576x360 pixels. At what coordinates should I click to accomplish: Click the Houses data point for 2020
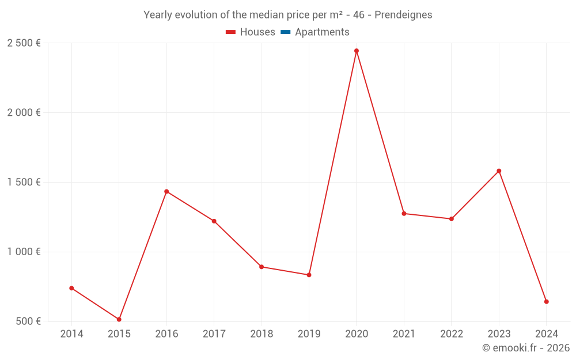click(x=357, y=51)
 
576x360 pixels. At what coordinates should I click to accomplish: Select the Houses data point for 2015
click(x=119, y=319)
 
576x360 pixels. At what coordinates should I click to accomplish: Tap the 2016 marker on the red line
click(x=166, y=191)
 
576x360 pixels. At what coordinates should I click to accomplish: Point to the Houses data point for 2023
click(x=499, y=171)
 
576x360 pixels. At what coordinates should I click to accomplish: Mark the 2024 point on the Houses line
click(x=546, y=302)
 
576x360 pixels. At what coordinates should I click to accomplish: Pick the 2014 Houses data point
click(x=71, y=288)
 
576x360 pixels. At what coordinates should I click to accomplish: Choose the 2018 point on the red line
click(x=262, y=267)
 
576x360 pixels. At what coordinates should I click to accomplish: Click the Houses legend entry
click(x=251, y=32)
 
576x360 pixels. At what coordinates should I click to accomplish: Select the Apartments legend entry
click(x=315, y=32)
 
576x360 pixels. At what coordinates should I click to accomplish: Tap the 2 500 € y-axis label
click(x=24, y=43)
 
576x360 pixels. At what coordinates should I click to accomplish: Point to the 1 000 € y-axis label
click(x=24, y=252)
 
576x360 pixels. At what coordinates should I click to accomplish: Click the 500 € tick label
click(x=28, y=321)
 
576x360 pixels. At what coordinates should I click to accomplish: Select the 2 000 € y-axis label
click(x=24, y=113)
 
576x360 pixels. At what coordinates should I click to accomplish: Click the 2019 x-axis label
click(x=309, y=334)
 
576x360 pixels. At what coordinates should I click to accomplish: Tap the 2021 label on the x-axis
click(x=404, y=334)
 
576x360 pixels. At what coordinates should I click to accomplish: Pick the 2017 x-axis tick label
click(x=214, y=334)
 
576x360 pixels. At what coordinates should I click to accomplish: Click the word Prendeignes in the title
click(x=403, y=15)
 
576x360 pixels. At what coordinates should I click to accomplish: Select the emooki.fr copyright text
click(x=526, y=348)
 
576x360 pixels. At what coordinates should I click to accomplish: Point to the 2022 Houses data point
click(x=452, y=219)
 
